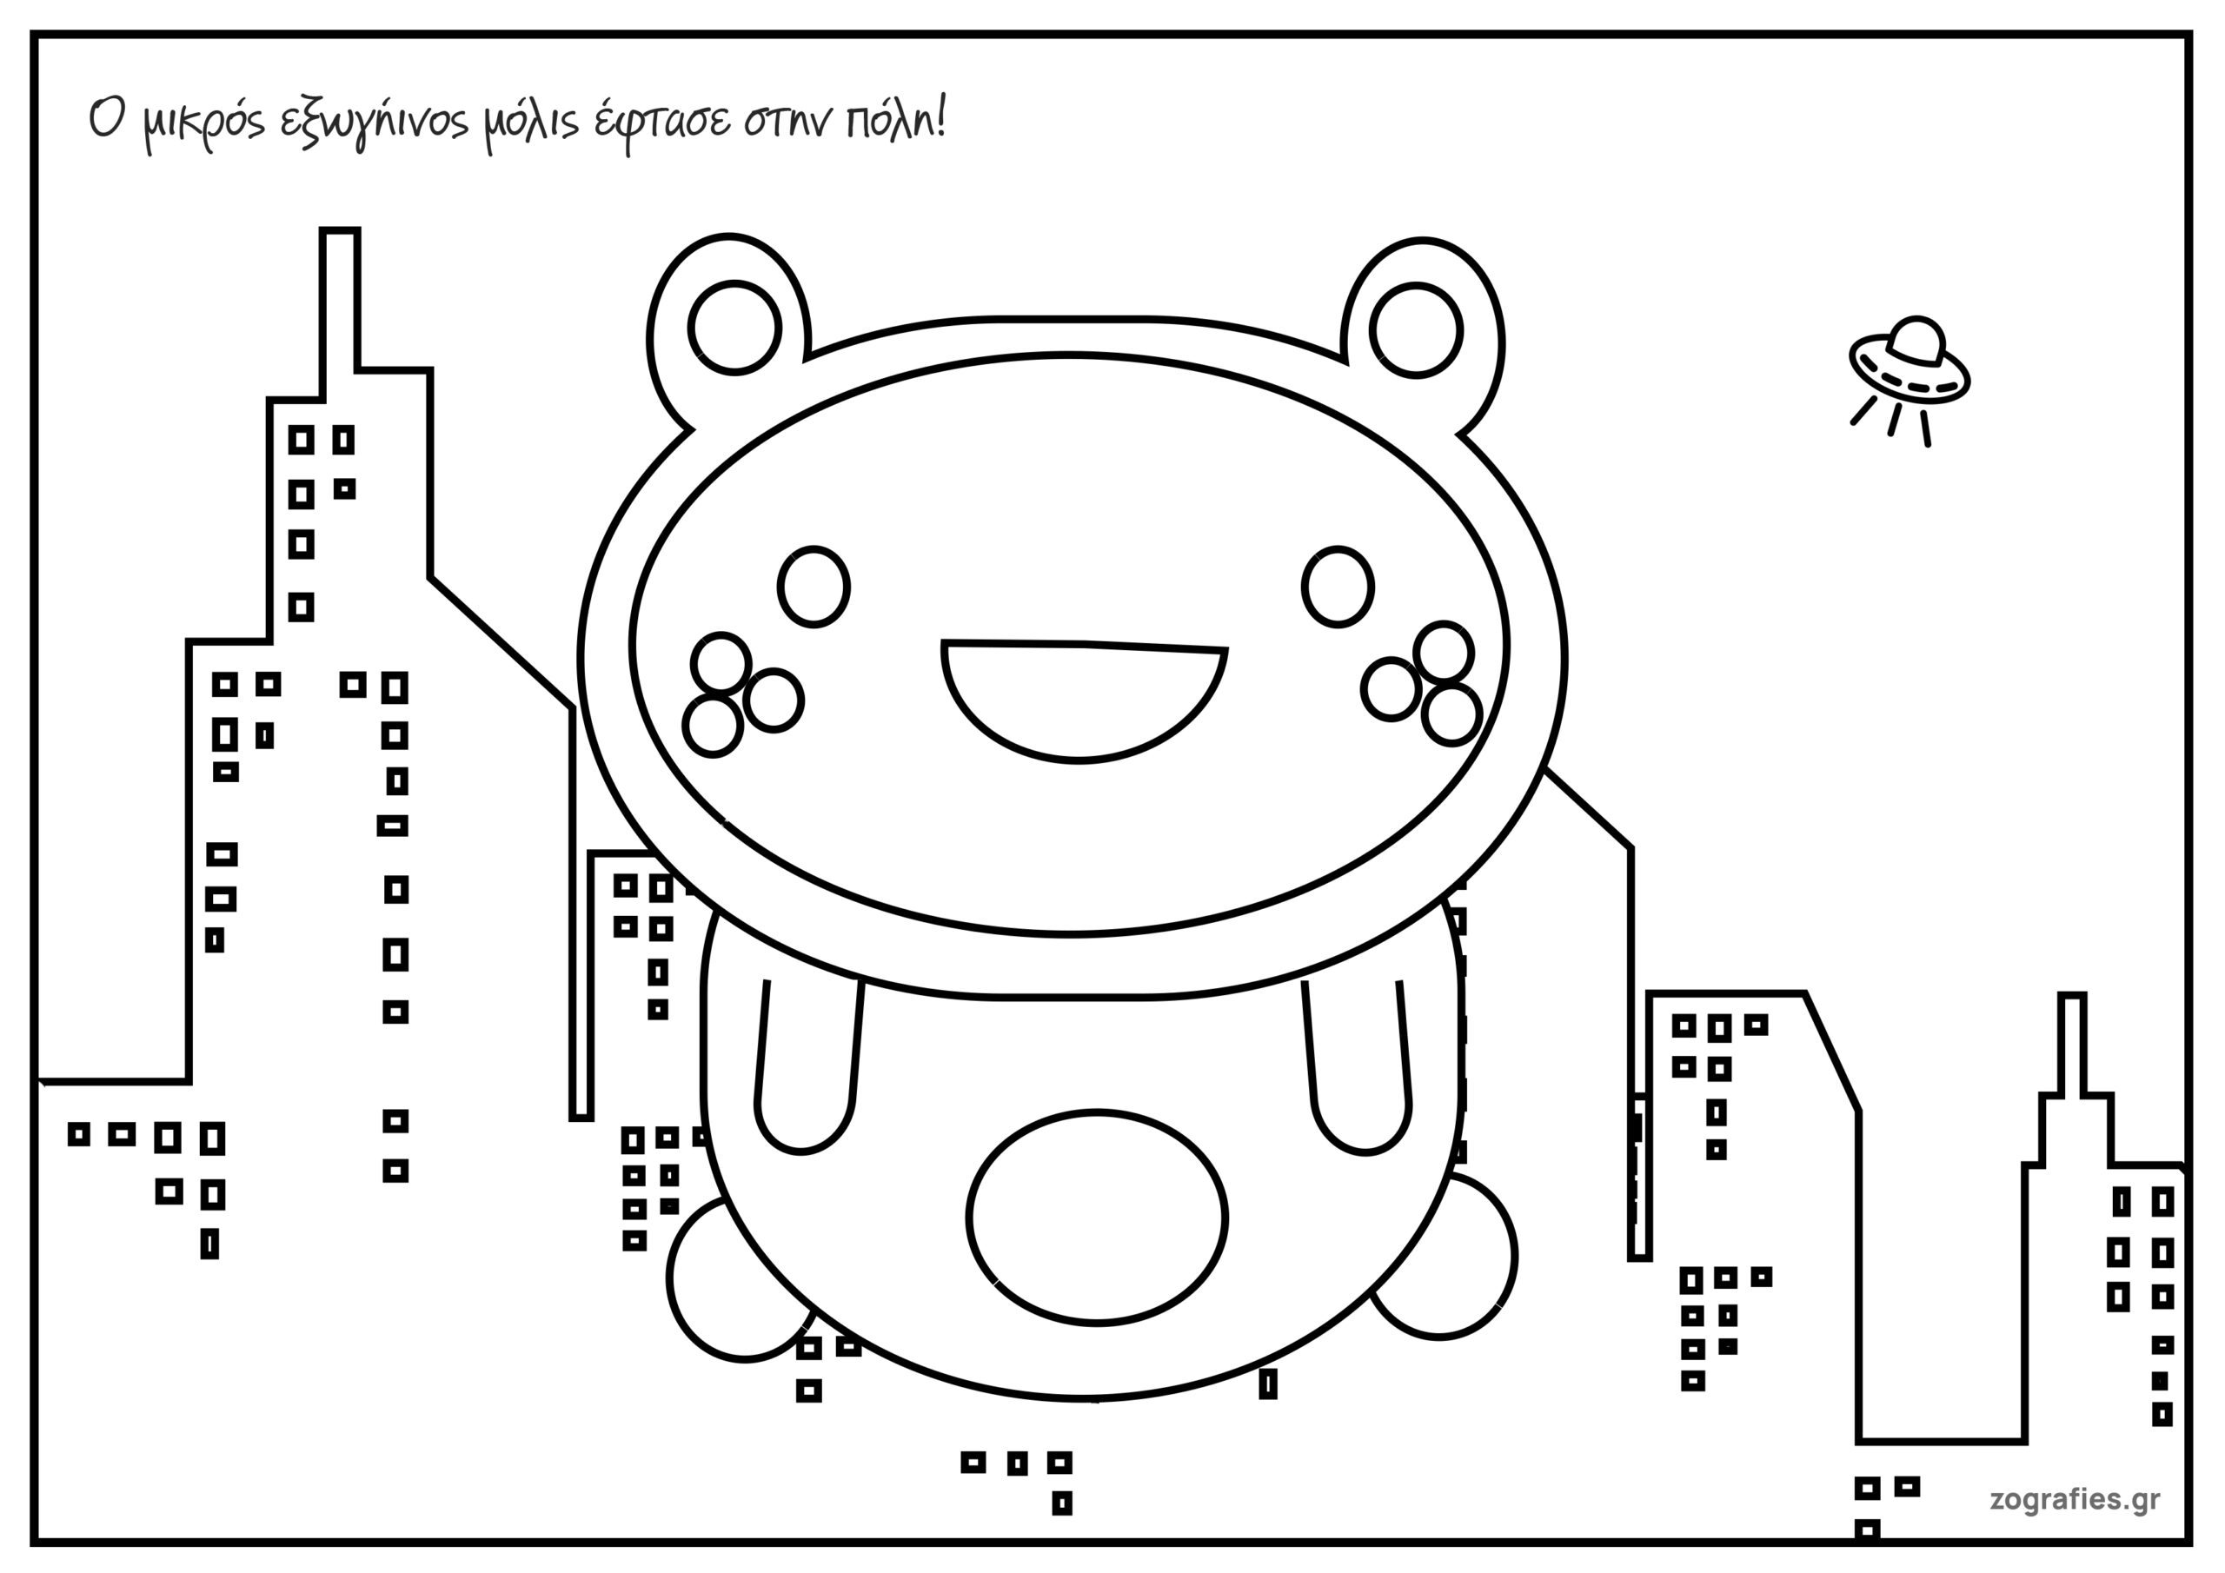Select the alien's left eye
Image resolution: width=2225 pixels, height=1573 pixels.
click(x=813, y=587)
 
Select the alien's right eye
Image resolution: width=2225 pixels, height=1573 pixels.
click(x=1338, y=587)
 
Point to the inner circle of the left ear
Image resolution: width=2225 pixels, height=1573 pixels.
click(x=734, y=328)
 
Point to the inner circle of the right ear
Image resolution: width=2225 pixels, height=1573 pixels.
click(x=1416, y=329)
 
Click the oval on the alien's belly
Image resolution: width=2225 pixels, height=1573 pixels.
click(x=1096, y=1218)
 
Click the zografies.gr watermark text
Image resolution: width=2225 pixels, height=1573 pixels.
click(x=2075, y=1499)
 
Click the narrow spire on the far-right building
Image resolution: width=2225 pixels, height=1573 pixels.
click(x=2071, y=1046)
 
